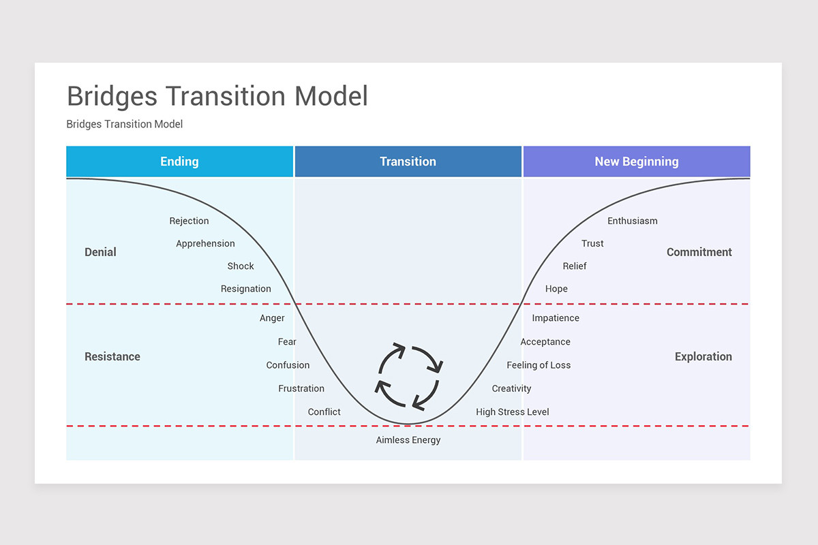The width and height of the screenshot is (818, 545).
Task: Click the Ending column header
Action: coord(179,161)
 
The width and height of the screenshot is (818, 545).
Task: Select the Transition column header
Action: coord(408,161)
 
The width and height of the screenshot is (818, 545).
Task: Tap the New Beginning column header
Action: coord(636,161)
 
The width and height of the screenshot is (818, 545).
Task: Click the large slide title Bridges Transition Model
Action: coord(217,96)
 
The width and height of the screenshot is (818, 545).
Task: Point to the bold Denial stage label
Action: coord(100,252)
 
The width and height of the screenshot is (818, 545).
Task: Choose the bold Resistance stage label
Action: coord(112,356)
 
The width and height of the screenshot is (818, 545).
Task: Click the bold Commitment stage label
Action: coord(699,252)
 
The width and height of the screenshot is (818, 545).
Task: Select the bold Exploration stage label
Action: coord(703,356)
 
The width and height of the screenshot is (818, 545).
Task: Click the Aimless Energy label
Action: coord(408,440)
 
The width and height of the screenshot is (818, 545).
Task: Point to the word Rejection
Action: coord(189,221)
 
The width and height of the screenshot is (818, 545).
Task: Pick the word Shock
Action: coord(241,266)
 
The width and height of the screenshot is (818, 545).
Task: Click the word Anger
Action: coord(272,318)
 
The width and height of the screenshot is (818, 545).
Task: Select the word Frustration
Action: coord(301,388)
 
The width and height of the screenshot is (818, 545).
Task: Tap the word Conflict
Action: coord(324,411)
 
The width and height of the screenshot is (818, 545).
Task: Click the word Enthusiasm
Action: coord(633,221)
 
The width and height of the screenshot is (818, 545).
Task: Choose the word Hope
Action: coord(556,289)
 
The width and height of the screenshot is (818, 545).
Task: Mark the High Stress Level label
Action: coord(512,411)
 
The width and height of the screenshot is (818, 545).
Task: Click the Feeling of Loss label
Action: coord(539,365)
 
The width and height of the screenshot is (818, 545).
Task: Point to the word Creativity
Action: coord(511,388)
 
